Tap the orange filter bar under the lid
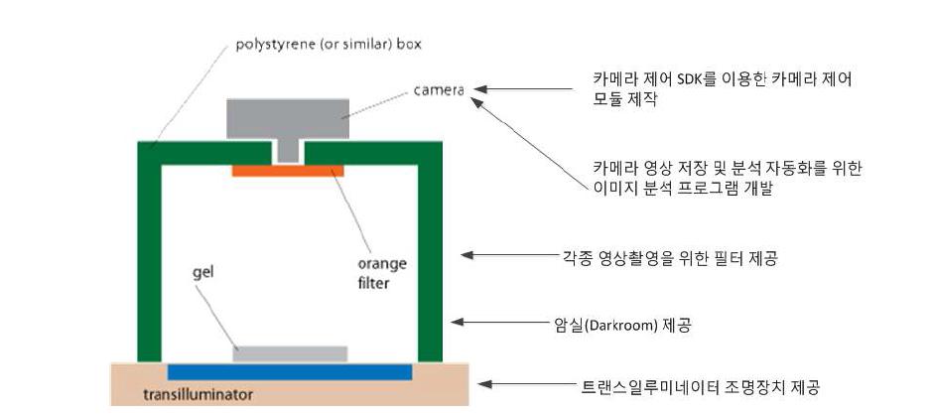(288, 171)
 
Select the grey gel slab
(291, 353)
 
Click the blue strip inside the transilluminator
(290, 372)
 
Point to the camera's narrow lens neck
(288, 150)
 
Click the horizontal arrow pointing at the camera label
(531, 90)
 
